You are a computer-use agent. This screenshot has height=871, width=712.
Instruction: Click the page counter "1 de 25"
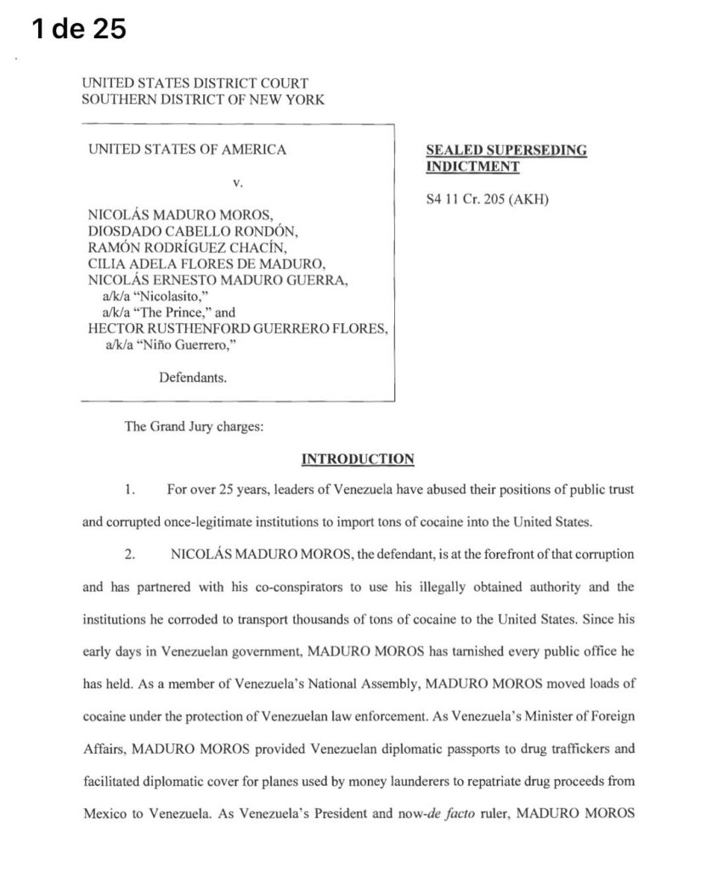pos(78,29)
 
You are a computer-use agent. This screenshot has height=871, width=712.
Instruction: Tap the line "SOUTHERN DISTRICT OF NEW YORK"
pos(202,100)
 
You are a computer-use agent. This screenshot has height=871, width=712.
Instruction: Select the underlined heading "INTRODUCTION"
pos(358,459)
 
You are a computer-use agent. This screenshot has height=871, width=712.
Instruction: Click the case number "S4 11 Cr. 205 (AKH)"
pos(488,202)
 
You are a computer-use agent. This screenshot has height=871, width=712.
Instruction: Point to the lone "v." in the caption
pos(238,182)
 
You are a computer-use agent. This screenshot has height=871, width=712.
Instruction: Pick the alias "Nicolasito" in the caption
pos(166,297)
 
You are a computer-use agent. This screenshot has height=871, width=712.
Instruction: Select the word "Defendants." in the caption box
pos(193,377)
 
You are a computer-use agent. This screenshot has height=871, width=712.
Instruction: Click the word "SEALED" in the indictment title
pos(454,151)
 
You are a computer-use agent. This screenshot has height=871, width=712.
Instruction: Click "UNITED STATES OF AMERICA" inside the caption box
pos(187,150)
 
